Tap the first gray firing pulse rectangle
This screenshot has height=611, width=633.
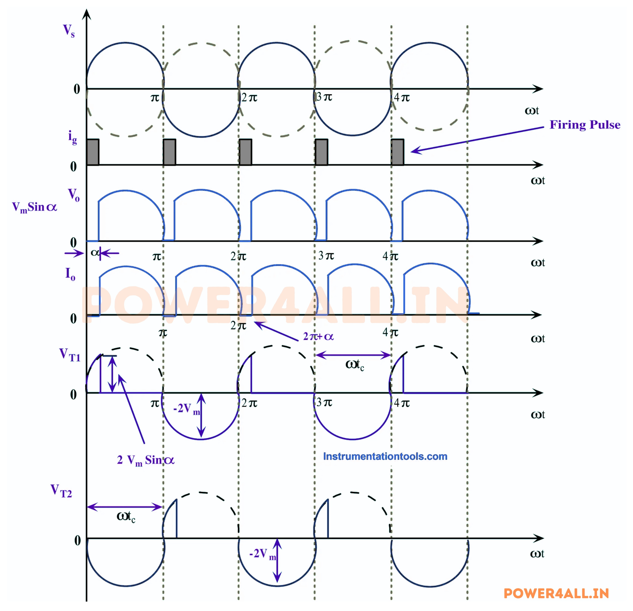[93, 152]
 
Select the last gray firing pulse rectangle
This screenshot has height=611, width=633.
[397, 152]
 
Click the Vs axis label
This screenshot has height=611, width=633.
[68, 31]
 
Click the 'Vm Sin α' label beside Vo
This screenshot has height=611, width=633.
[34, 207]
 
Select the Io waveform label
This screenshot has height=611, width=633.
[70, 274]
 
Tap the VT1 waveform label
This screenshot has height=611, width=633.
[69, 355]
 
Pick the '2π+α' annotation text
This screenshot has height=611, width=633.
[318, 337]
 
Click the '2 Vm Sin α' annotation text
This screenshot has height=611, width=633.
[146, 460]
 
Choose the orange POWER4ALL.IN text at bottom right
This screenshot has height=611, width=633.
[556, 593]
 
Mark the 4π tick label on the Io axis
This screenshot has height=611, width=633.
[390, 332]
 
